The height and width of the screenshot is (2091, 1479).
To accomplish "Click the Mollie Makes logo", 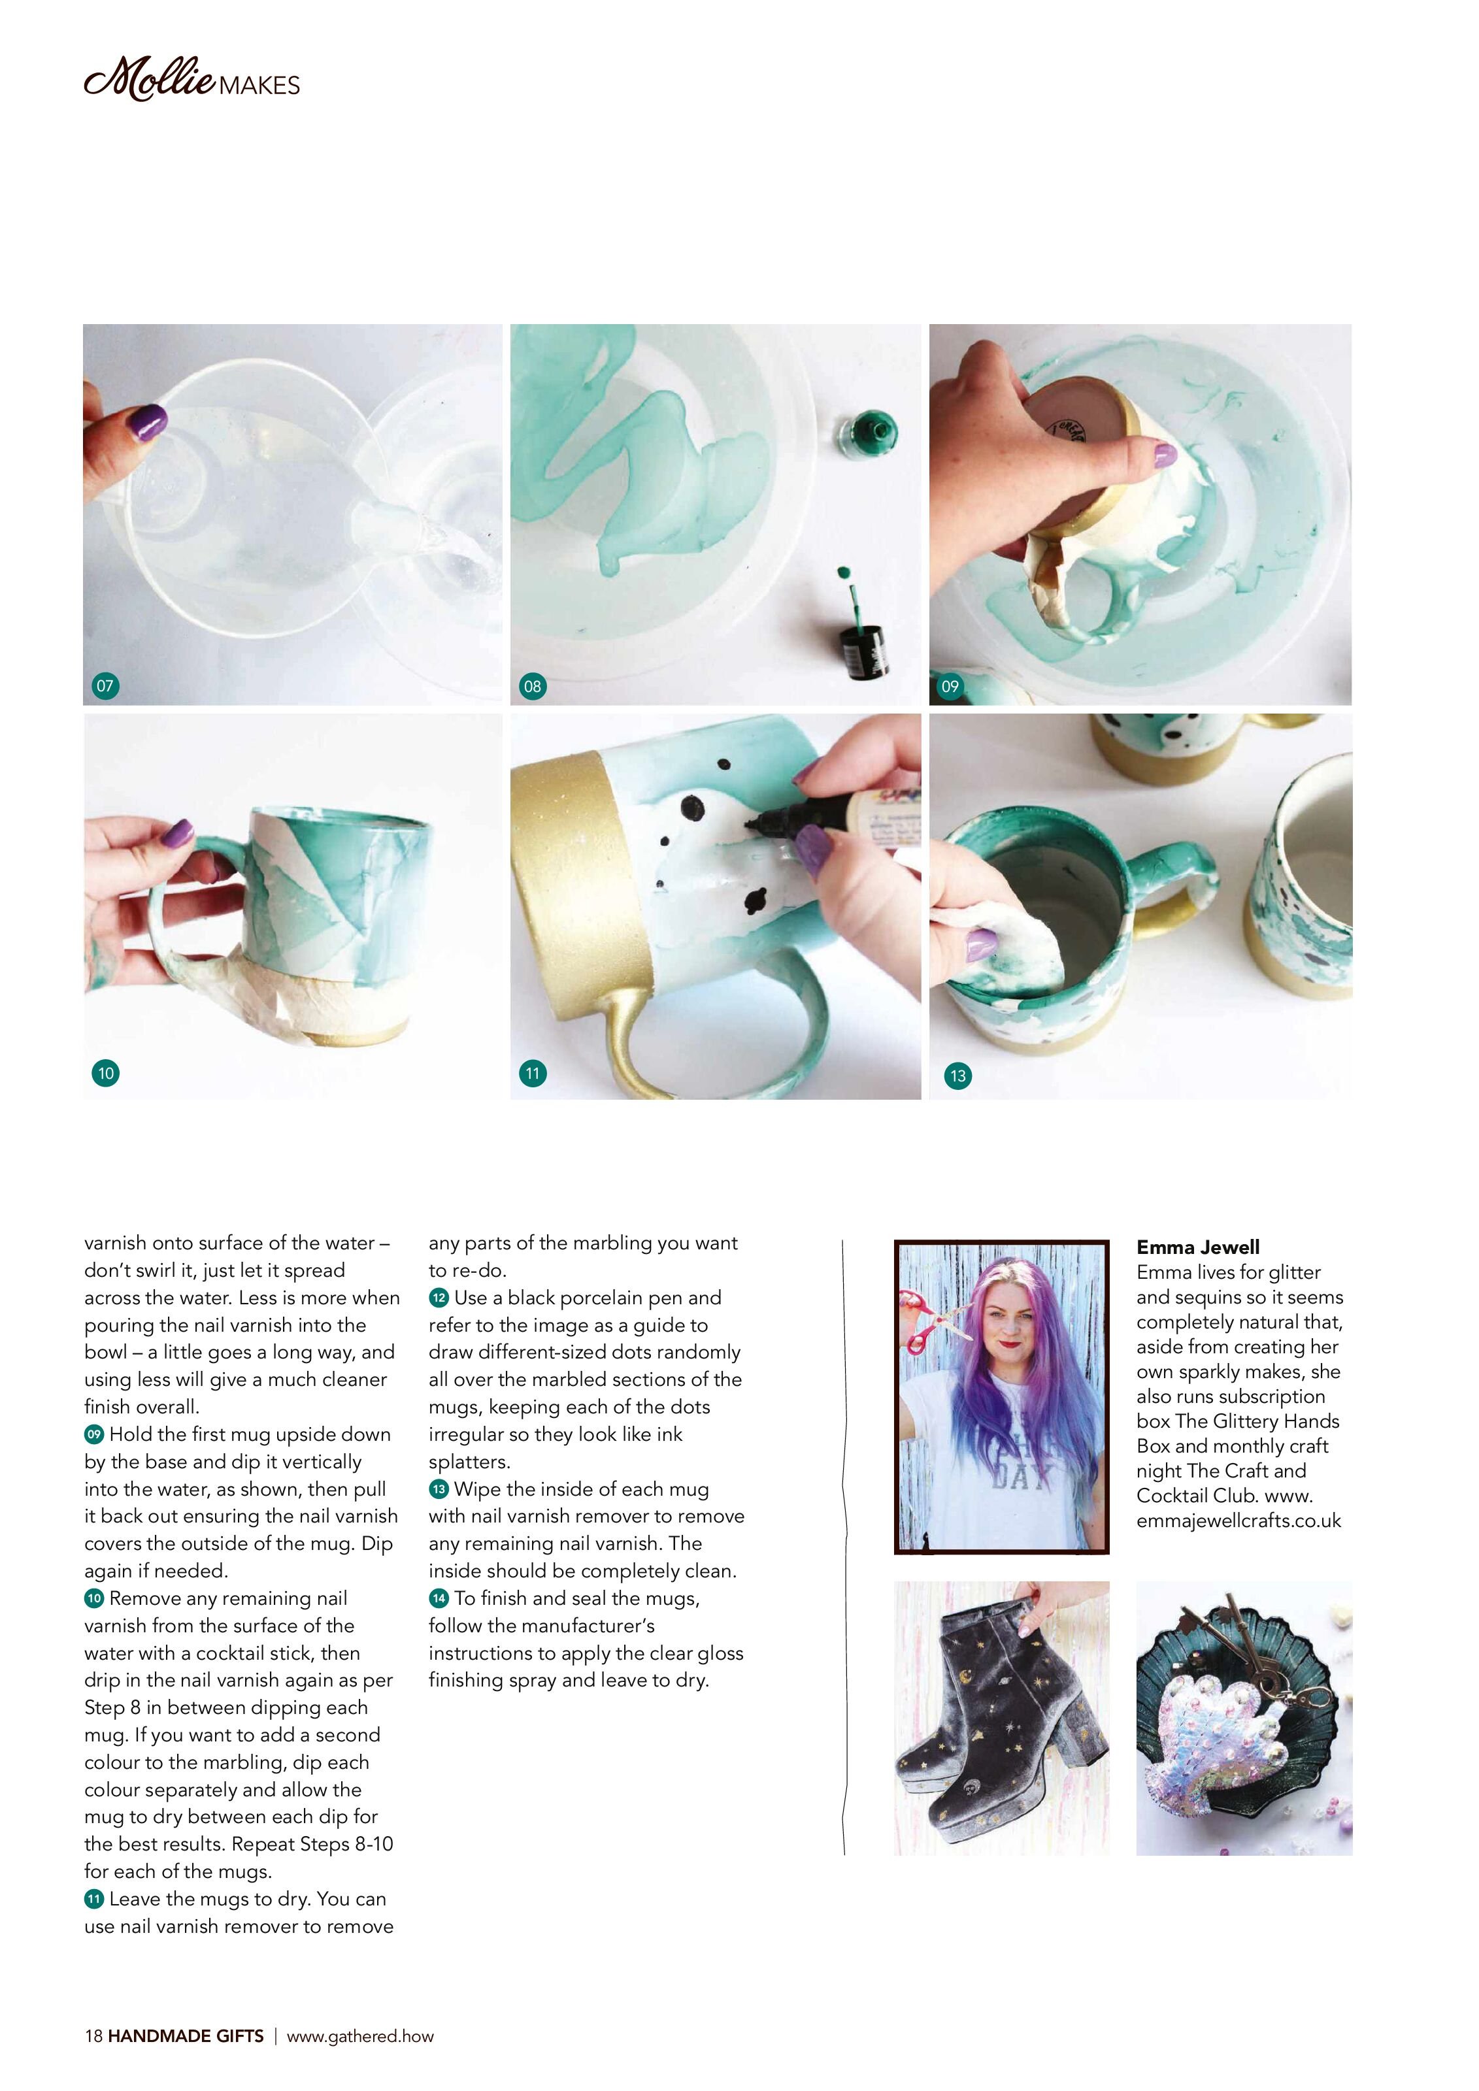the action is coord(191,79).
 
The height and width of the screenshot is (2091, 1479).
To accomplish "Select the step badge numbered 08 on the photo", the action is coord(532,685).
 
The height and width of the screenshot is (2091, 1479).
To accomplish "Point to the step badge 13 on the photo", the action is coord(957,1076).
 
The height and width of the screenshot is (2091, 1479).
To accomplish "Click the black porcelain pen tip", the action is coord(754,824).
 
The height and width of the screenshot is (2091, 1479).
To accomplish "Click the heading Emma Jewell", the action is coord(1197,1247).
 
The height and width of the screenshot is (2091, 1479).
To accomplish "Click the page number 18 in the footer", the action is coord(93,2036).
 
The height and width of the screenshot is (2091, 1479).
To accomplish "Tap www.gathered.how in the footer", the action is coord(361,2036).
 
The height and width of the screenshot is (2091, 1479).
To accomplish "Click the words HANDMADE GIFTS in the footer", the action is coord(186,2036).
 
